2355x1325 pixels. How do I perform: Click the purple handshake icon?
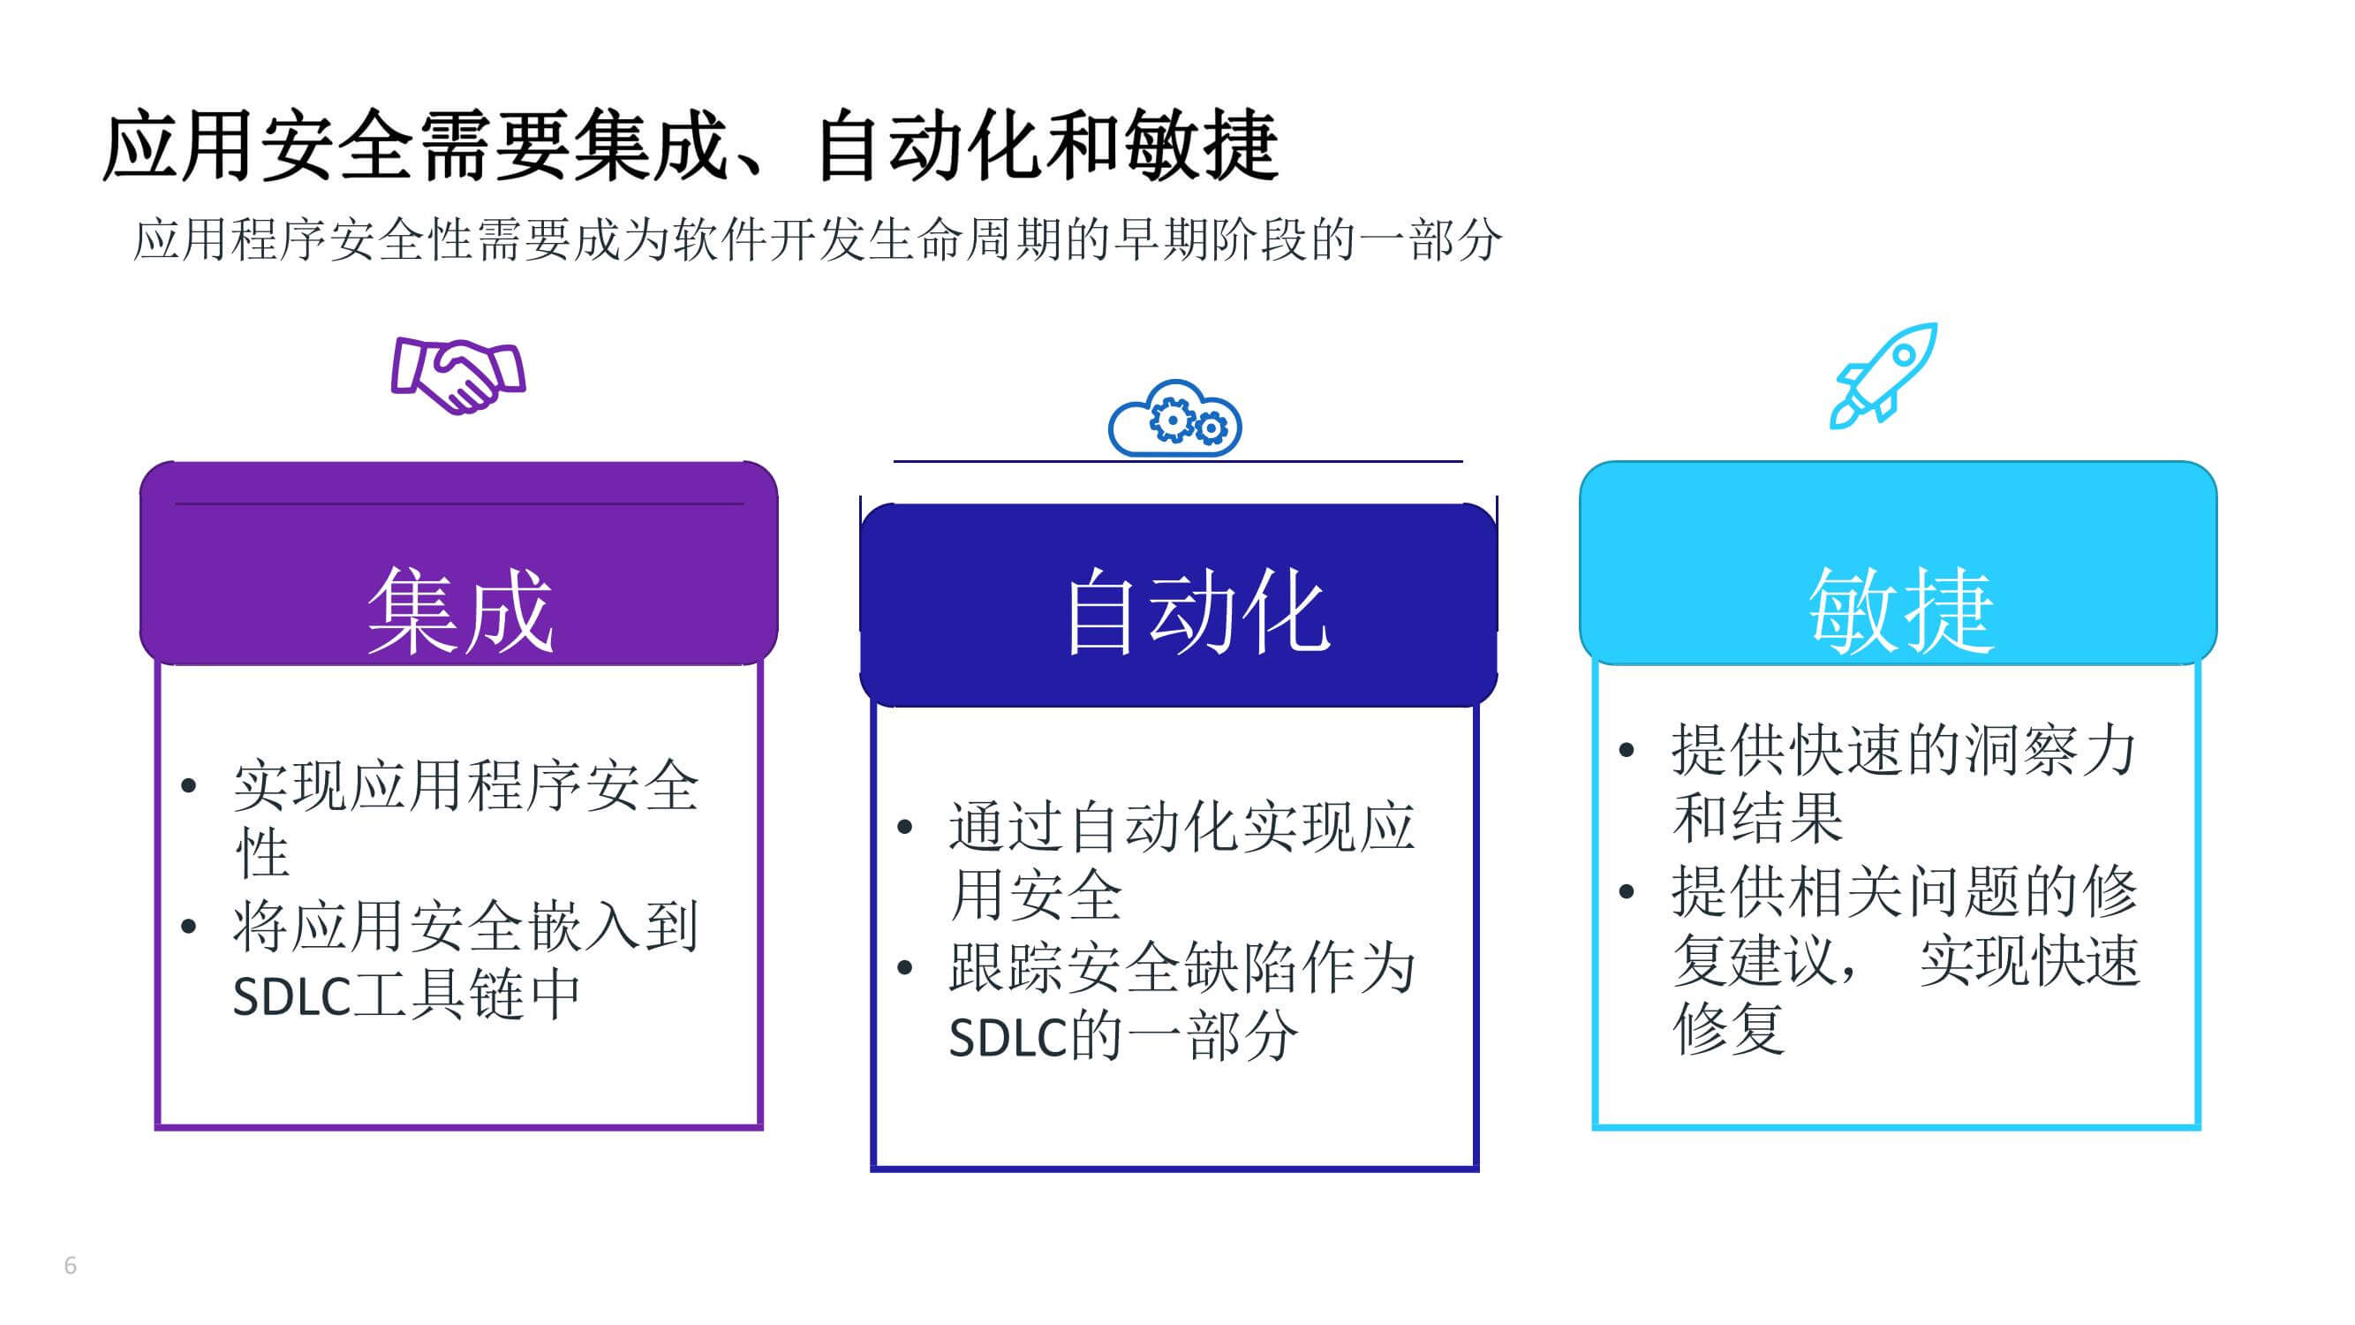point(458,375)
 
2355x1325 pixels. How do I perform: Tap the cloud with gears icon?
point(1174,418)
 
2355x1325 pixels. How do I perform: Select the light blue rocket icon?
point(1884,375)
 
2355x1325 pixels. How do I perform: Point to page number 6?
point(71,1266)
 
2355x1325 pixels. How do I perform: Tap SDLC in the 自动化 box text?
point(1008,1038)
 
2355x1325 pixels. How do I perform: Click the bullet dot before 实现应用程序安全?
point(189,785)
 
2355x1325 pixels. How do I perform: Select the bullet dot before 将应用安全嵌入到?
point(189,927)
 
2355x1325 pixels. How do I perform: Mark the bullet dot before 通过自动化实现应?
point(905,828)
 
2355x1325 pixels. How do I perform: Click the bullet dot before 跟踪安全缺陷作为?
point(905,967)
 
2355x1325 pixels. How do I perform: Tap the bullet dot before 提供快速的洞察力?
point(1627,751)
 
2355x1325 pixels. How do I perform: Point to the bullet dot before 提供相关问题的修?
point(1627,891)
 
